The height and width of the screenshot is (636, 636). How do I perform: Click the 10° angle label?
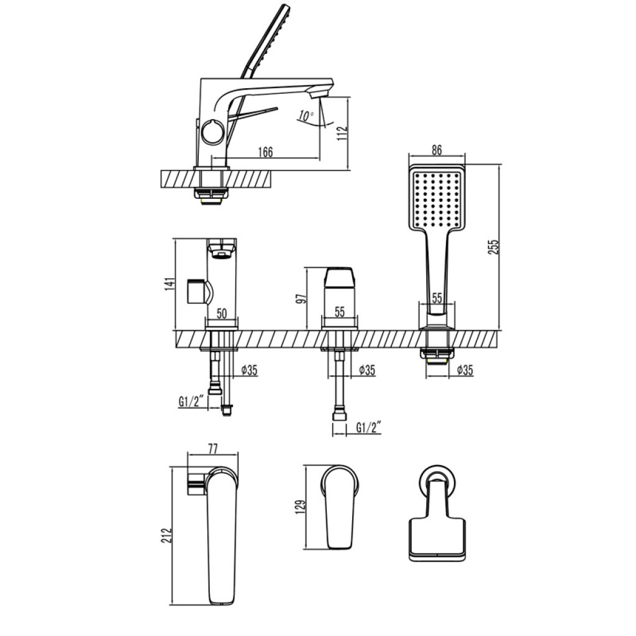click(x=306, y=116)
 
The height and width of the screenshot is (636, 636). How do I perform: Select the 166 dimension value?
click(x=266, y=152)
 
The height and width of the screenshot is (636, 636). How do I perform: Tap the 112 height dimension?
click(x=343, y=134)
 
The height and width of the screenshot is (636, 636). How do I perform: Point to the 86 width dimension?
click(x=437, y=150)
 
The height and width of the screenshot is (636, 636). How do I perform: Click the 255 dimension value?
click(x=494, y=247)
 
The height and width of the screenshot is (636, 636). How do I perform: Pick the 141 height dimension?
click(x=170, y=283)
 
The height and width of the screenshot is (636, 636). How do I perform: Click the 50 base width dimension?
click(x=222, y=314)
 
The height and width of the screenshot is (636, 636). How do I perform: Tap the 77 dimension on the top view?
click(x=212, y=448)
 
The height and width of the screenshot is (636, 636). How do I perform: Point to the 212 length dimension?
click(x=166, y=535)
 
